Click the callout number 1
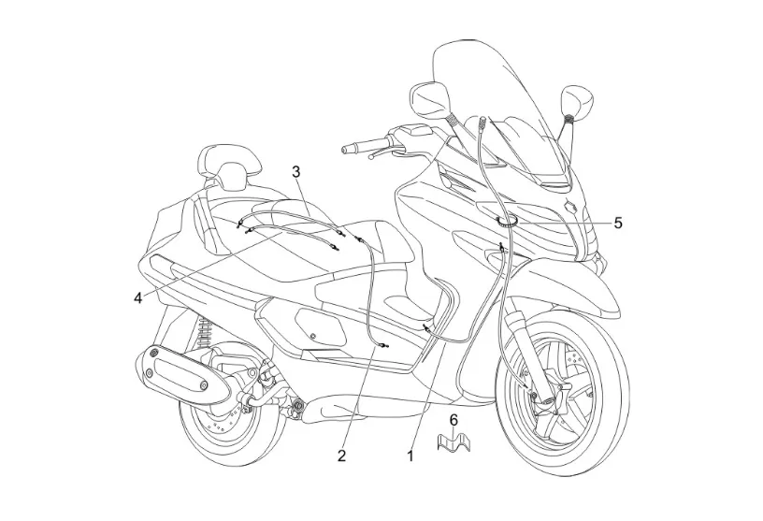[409, 457]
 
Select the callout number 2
[342, 456]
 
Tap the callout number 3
[296, 171]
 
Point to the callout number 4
[138, 298]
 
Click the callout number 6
[453, 419]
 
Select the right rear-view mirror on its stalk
[576, 98]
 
